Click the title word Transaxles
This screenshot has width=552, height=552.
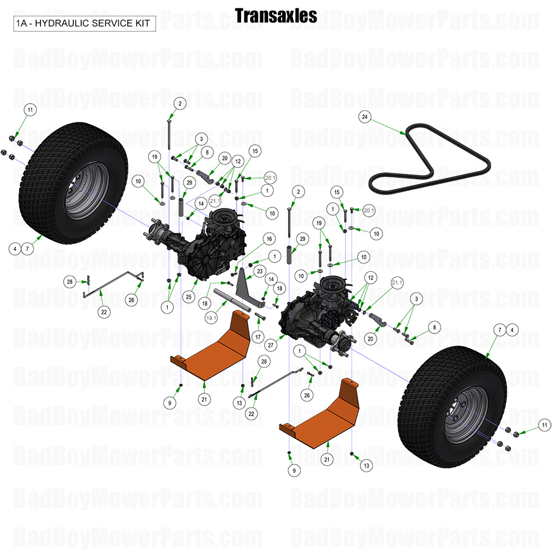[x=275, y=16]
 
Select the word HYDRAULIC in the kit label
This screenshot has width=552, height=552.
[x=61, y=24]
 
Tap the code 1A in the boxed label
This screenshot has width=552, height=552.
[x=21, y=24]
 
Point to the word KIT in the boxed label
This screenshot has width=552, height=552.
[x=142, y=24]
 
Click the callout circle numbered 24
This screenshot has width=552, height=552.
[x=365, y=117]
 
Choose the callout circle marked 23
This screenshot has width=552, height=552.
[x=260, y=271]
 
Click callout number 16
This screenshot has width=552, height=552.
[x=269, y=239]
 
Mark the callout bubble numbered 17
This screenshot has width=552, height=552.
[x=259, y=337]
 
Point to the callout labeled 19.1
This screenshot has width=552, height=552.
[x=211, y=318]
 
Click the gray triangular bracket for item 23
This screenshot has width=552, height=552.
[x=243, y=287]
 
